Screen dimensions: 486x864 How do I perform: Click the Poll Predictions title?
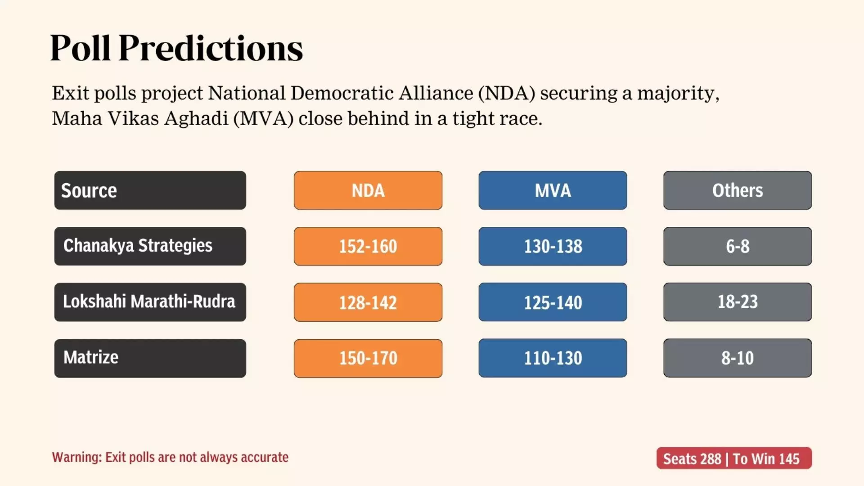176,48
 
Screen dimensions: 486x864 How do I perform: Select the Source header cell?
150,190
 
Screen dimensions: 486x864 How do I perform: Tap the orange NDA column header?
368,190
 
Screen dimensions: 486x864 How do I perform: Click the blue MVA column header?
553,190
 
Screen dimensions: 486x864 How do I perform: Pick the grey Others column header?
738,190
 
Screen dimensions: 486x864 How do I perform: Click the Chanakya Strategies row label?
150,246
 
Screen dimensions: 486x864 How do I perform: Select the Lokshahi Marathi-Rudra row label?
150,302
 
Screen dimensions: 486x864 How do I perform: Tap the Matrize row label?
150,358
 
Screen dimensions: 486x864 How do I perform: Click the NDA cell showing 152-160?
368,246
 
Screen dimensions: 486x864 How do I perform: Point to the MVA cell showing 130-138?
553,246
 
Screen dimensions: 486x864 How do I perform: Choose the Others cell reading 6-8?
738,246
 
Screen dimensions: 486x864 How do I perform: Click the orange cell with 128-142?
368,302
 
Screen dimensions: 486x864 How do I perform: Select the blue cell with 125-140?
553,302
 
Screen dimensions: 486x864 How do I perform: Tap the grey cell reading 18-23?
738,302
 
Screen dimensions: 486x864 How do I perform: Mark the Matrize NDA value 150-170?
368,358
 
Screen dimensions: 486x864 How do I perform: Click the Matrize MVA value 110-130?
553,358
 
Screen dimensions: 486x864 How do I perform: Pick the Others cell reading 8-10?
738,358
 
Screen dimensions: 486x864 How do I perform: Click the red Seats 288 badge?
734,458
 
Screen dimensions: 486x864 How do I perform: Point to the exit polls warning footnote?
170,457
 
